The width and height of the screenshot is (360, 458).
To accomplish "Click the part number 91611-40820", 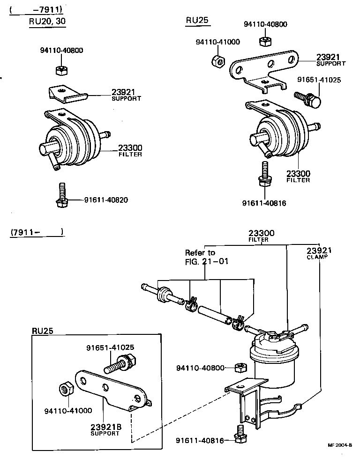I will tap(106, 200).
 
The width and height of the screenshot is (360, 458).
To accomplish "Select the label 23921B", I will tap(106, 427).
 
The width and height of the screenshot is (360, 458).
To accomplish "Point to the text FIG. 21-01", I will tap(207, 261).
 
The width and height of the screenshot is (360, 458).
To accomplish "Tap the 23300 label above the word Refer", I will tap(261, 233).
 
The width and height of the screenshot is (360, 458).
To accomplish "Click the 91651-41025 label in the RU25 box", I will tap(110, 347).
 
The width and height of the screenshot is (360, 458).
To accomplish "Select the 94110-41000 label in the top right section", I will tap(217, 42).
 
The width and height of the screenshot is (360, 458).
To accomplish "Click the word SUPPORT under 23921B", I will tap(105, 434).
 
